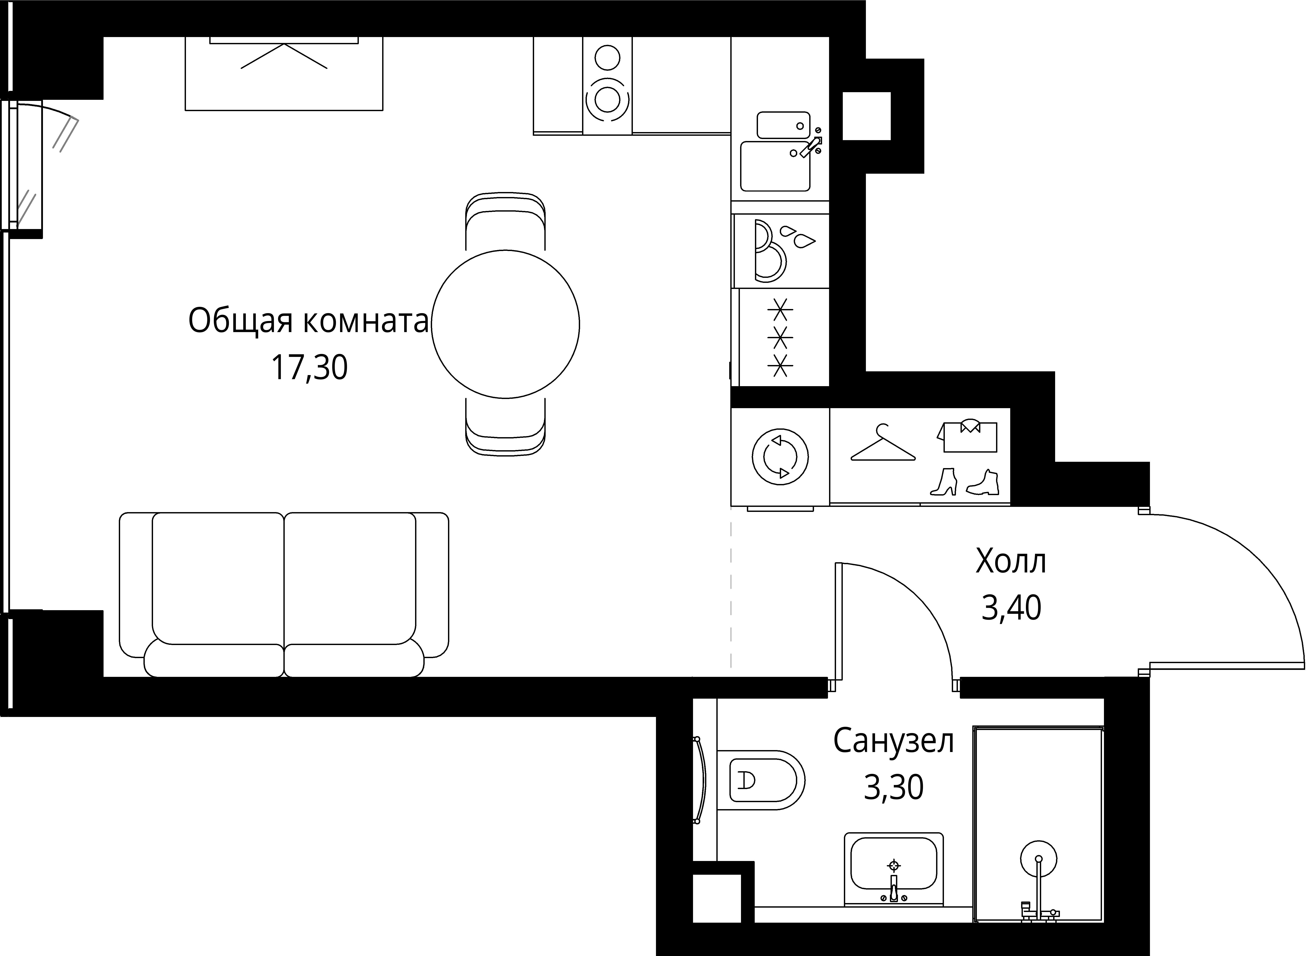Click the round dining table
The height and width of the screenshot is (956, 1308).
[505, 324]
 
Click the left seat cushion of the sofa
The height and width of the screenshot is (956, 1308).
[218, 579]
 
